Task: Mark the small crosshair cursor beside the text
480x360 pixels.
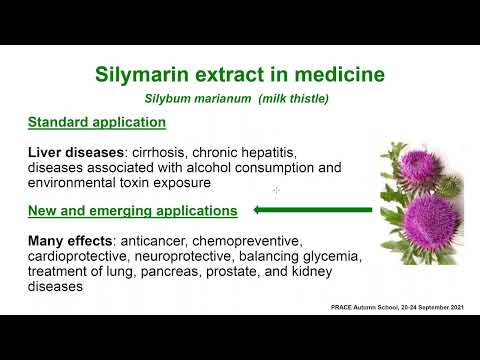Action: coord(276,189)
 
